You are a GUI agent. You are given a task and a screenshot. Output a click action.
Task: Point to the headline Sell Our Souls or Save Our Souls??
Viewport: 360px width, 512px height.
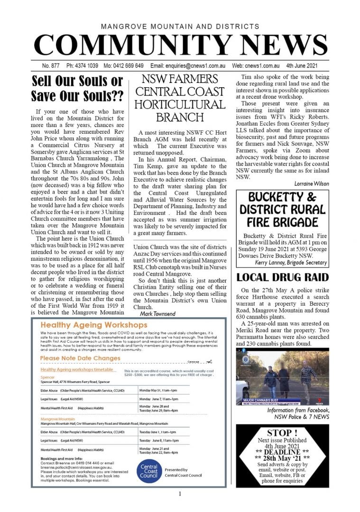pyautogui.click(x=77, y=88)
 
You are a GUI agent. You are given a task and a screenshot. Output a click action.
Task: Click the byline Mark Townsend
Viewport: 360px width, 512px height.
pyautogui.click(x=157, y=313)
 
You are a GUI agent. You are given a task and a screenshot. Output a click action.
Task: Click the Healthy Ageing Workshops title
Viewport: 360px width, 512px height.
pyautogui.click(x=94, y=325)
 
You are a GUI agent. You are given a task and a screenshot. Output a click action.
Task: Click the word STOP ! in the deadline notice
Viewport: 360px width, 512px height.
pyautogui.click(x=282, y=433)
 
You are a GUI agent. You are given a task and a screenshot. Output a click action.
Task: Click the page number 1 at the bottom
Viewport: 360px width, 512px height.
pyautogui.click(x=180, y=494)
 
